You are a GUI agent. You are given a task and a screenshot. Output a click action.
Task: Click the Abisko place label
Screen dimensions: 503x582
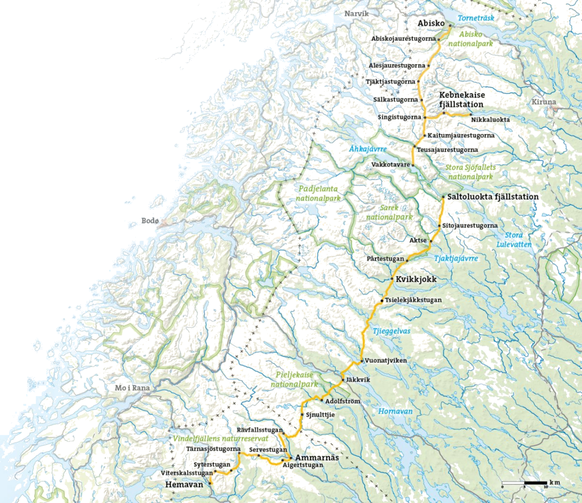point(431,23)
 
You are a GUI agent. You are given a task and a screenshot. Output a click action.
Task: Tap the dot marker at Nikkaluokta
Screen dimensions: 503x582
point(471,115)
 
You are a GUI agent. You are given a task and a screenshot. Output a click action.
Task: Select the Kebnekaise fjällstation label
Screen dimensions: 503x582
point(462,99)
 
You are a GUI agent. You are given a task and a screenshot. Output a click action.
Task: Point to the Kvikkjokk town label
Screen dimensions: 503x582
point(416,279)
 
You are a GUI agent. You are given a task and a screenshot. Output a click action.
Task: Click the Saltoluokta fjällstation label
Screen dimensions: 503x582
point(493,197)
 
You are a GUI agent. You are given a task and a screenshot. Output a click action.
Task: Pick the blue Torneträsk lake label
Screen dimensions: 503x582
point(476,18)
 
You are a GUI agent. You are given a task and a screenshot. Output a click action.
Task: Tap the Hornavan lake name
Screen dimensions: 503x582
point(395,411)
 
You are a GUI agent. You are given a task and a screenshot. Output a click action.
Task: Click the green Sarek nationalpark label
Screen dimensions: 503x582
point(389,212)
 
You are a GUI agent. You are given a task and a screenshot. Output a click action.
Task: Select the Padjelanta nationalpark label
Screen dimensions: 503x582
point(318,193)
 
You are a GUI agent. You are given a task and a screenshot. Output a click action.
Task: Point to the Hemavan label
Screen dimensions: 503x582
point(184,484)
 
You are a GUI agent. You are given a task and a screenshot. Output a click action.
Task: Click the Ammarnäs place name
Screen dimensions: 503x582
point(317,457)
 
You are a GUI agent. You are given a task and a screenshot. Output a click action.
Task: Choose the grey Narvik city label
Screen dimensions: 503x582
point(357,13)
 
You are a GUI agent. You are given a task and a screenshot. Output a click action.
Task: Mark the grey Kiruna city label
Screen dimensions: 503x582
point(544,102)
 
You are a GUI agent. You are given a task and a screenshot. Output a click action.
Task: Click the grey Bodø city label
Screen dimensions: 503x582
point(150,220)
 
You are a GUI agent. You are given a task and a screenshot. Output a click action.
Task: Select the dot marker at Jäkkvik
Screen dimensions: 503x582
point(343,380)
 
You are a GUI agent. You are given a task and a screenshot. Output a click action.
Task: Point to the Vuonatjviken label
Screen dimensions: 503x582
point(386,361)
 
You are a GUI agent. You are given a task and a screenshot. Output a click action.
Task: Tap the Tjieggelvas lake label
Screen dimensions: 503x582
point(391,331)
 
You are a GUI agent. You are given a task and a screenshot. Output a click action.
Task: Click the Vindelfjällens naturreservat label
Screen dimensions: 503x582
point(220,438)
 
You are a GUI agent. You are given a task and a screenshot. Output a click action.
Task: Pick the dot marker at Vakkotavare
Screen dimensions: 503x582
point(413,165)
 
